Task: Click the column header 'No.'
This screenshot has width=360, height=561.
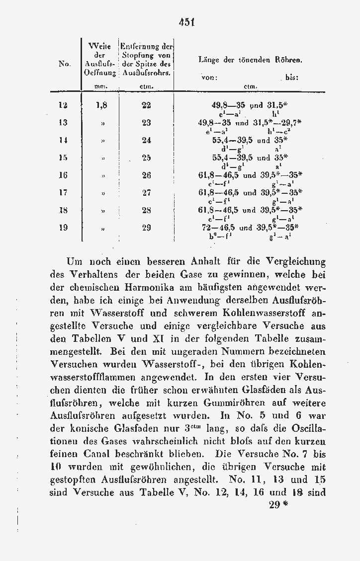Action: [64, 63]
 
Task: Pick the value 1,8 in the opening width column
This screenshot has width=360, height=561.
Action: [101, 105]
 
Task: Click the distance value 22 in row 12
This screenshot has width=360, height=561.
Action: [146, 105]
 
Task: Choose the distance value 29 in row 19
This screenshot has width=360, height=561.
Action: [146, 228]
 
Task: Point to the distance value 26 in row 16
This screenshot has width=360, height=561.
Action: [146, 175]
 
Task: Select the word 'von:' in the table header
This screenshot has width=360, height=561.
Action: [210, 78]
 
